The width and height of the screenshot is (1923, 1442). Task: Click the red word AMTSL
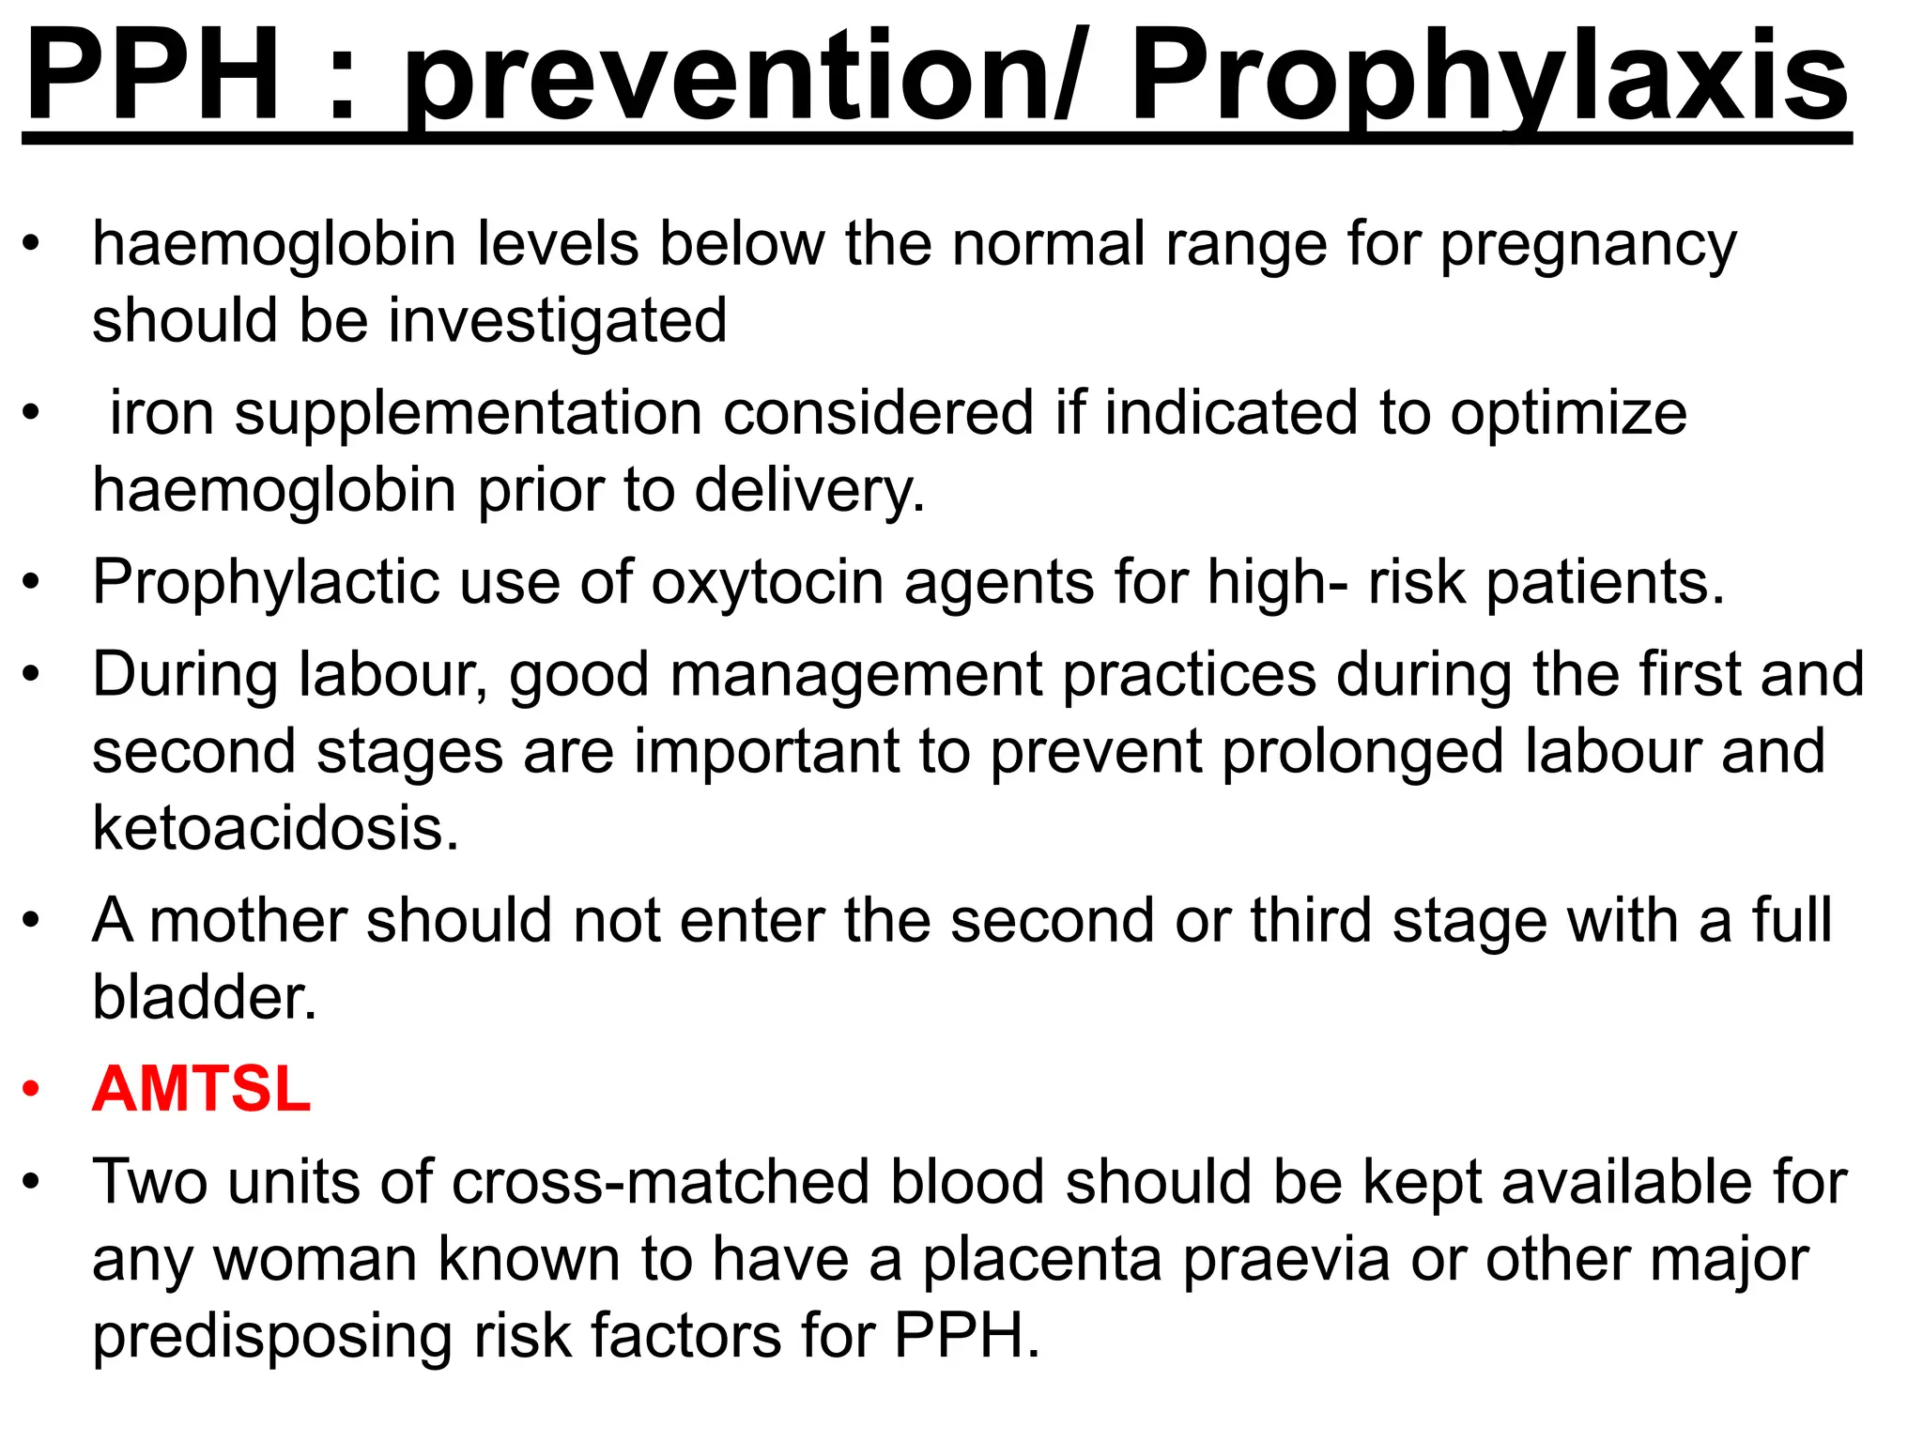201,1089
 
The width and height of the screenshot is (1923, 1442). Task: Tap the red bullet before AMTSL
32,1089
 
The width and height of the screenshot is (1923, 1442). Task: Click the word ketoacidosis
275,828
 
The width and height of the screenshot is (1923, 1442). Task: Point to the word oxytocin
767,582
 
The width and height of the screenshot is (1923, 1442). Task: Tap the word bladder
205,996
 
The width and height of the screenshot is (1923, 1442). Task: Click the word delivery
809,491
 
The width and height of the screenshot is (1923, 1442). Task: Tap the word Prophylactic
266,582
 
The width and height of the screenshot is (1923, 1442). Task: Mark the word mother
247,920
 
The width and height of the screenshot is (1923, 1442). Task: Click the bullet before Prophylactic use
32,582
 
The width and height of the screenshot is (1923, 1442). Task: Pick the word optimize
1567,413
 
